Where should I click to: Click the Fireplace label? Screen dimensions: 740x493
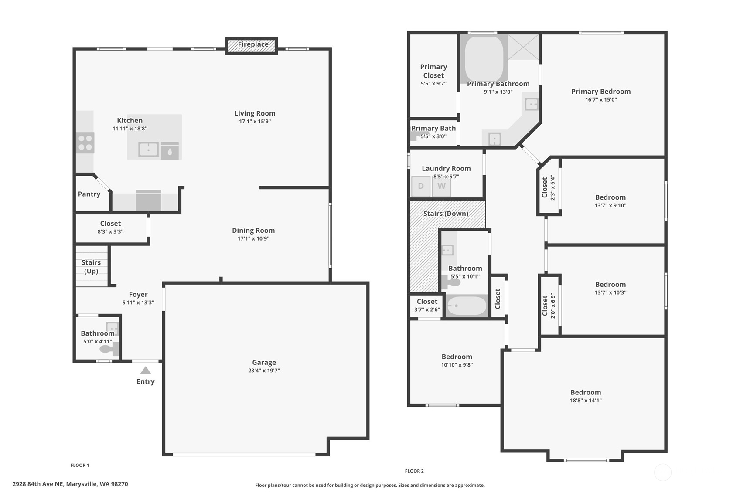click(x=253, y=44)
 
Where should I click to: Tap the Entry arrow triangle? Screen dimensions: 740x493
click(x=146, y=371)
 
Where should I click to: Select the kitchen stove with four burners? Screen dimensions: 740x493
click(x=85, y=143)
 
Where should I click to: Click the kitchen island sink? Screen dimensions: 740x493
click(x=148, y=150)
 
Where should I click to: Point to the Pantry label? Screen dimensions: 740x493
click(x=89, y=194)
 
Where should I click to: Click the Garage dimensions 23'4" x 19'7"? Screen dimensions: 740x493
click(x=264, y=371)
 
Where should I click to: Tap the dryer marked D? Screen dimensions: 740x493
click(x=421, y=186)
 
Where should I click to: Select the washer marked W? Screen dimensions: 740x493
click(x=442, y=186)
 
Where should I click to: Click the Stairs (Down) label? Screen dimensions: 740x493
click(x=446, y=214)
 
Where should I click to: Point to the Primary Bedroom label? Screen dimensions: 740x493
click(x=601, y=92)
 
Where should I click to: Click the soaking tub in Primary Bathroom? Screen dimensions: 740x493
click(x=484, y=59)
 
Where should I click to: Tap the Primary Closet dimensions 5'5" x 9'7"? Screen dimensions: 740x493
click(x=433, y=84)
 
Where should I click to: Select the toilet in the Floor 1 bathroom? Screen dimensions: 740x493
click(x=109, y=349)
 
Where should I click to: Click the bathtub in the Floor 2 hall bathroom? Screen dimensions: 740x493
click(x=467, y=306)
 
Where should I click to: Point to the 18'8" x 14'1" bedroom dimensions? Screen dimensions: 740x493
click(x=586, y=401)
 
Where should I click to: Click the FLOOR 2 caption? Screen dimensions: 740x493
click(x=414, y=471)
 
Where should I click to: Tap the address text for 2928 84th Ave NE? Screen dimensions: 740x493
click(x=70, y=484)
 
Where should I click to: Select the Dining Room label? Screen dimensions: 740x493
click(x=253, y=231)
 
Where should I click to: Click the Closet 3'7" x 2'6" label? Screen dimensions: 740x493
click(x=427, y=305)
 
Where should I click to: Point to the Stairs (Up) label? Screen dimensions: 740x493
click(x=91, y=267)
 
